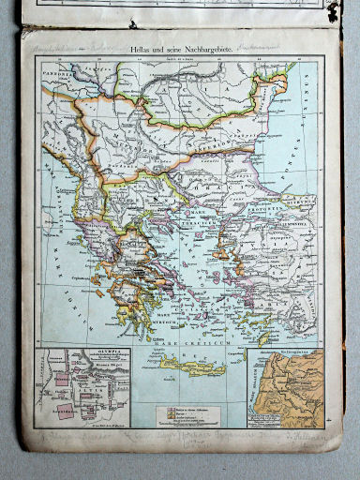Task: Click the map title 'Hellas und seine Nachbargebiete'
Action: click(x=182, y=43)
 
